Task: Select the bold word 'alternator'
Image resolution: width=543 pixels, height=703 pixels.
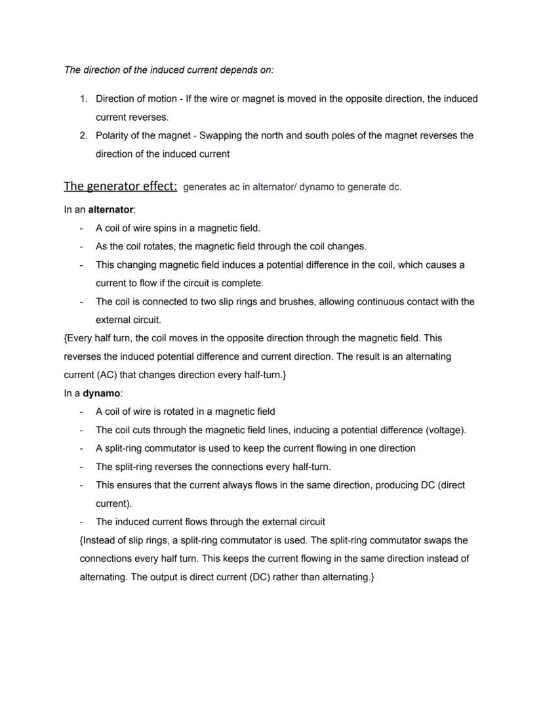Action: click(x=110, y=209)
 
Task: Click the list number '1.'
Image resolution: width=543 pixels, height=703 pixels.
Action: click(x=83, y=99)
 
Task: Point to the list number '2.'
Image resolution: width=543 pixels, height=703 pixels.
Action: click(x=83, y=136)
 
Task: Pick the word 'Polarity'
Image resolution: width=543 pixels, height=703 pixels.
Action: click(x=114, y=136)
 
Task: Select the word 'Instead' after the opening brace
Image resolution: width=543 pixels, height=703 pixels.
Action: click(x=100, y=540)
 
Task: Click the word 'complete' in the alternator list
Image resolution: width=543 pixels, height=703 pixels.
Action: click(x=243, y=284)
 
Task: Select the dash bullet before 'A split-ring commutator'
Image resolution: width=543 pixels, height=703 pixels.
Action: click(x=81, y=448)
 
